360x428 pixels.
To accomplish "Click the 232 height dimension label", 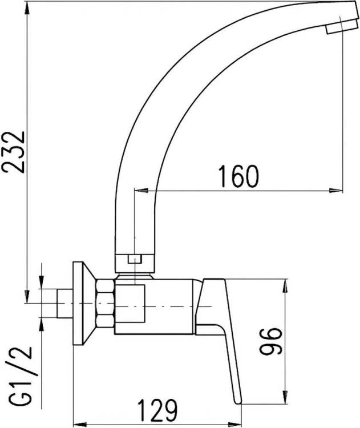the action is [x=13, y=152].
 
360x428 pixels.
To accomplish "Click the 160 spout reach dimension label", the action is [x=238, y=176].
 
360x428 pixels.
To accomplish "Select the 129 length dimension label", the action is [x=157, y=410].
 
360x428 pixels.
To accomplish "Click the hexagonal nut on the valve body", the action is [x=105, y=303].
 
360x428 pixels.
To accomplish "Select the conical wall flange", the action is [x=84, y=304].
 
